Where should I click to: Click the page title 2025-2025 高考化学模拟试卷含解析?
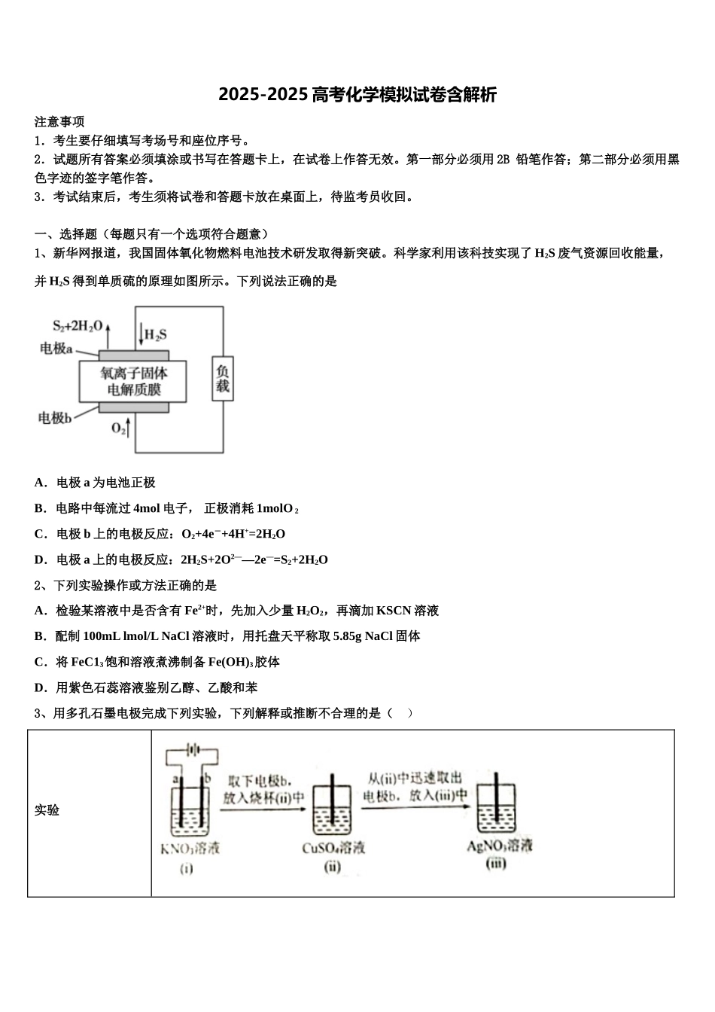pyautogui.click(x=357, y=96)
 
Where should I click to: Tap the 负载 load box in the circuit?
pyautogui.click(x=222, y=378)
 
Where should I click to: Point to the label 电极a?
pyautogui.click(x=56, y=349)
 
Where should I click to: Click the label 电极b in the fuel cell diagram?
pyautogui.click(x=55, y=418)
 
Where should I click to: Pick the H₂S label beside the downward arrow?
pyautogui.click(x=155, y=334)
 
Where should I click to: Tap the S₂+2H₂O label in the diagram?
pyautogui.click(x=77, y=326)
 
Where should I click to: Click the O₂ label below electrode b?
pyautogui.click(x=119, y=428)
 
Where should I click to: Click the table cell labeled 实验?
pyautogui.click(x=47, y=810)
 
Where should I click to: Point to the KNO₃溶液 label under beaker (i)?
pyautogui.click(x=190, y=849)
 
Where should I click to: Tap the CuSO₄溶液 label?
pyautogui.click(x=333, y=848)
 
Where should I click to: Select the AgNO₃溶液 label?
pyautogui.click(x=499, y=846)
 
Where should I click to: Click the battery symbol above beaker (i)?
pyautogui.click(x=192, y=750)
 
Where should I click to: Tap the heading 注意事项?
pyautogui.click(x=59, y=121)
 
